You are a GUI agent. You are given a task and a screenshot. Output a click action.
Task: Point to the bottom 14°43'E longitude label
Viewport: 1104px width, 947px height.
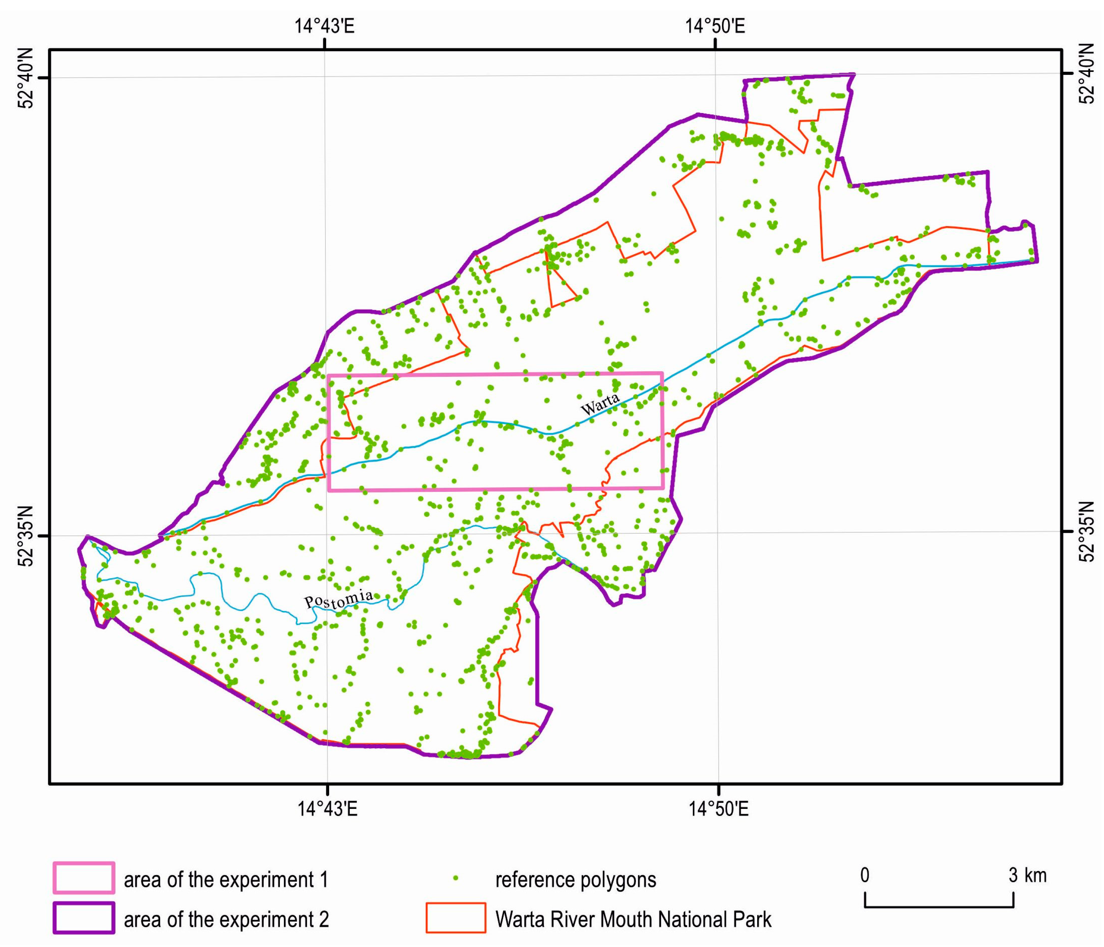327,809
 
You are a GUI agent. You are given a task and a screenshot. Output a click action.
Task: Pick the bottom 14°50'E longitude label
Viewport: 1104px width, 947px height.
719,809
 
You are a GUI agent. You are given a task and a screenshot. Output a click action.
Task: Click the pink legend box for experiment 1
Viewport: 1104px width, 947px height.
84,878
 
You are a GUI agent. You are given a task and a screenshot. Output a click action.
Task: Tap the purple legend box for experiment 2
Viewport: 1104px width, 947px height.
84,918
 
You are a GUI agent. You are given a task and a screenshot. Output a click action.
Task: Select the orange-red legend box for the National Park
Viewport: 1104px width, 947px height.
456,918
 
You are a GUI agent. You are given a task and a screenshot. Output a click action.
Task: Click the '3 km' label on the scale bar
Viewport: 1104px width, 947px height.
1028,875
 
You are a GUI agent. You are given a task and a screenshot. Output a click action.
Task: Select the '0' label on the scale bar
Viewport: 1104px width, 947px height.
865,875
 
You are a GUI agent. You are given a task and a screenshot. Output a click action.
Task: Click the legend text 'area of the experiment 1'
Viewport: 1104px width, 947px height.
226,879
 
